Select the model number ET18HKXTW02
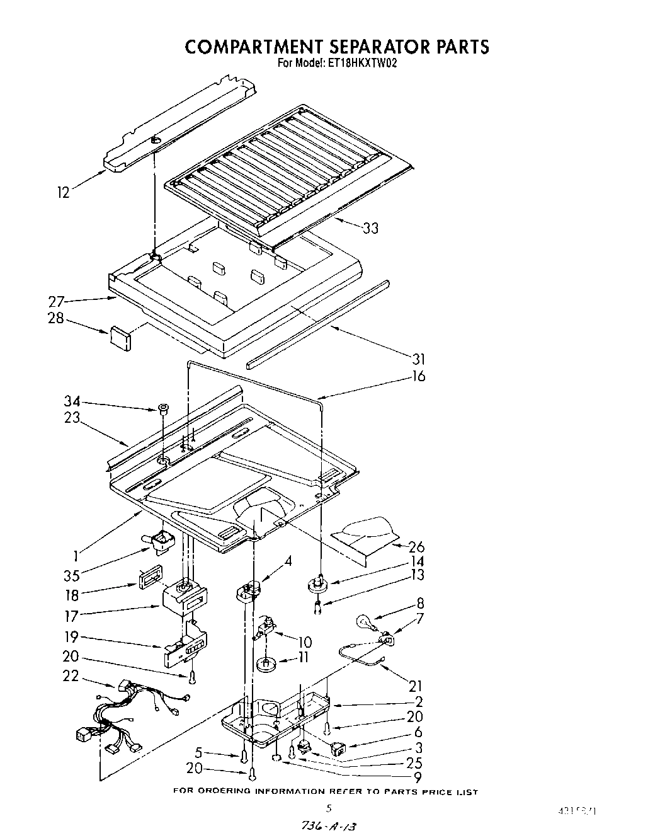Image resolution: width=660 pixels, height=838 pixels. [x=361, y=63]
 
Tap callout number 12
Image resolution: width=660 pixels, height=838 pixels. [x=63, y=193]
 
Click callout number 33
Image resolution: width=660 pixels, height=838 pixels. [x=371, y=228]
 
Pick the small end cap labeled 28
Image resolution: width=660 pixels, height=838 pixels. [x=120, y=337]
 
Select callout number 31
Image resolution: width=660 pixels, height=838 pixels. [x=419, y=359]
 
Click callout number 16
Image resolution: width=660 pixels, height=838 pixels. [x=419, y=376]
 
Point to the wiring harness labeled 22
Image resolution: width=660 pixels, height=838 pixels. [x=120, y=718]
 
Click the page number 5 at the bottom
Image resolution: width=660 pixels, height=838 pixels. [x=328, y=808]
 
